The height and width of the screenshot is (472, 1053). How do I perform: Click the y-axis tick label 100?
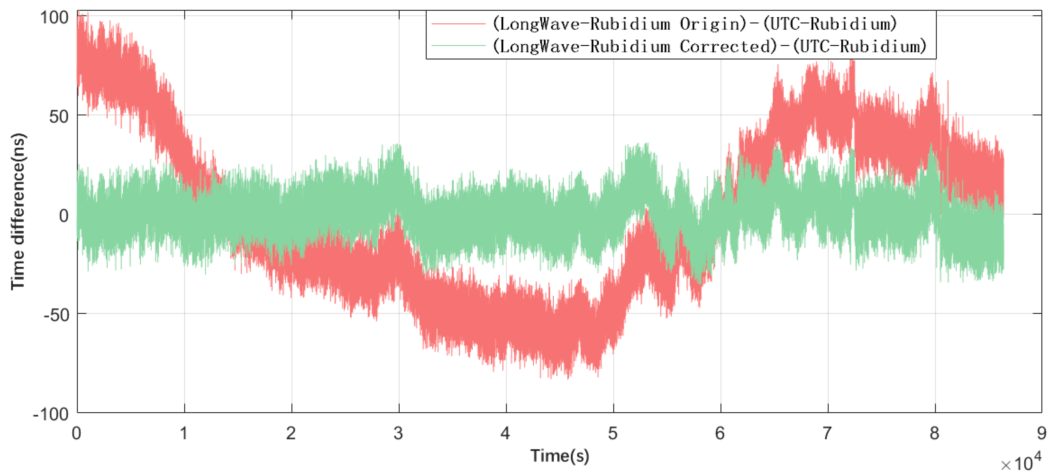pos(54,18)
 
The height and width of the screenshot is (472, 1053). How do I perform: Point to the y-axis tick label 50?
pos(58,117)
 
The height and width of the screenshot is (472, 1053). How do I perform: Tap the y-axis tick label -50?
pos(56,315)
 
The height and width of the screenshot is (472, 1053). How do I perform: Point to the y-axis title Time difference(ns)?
pos(18,211)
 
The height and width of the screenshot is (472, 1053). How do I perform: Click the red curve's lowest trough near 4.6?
pos(569,377)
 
